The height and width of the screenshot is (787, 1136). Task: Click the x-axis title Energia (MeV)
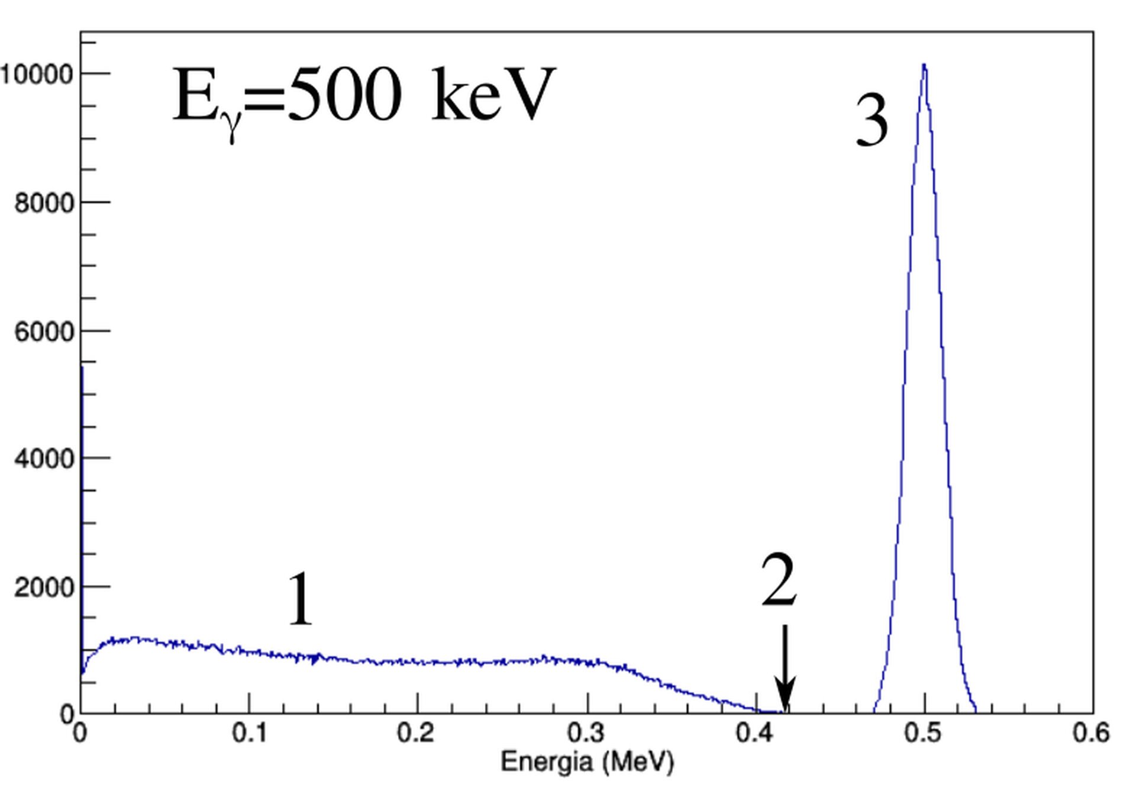tap(587, 762)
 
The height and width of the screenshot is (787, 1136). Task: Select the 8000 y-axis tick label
tap(44, 203)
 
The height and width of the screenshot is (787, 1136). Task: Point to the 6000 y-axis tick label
tap(44, 331)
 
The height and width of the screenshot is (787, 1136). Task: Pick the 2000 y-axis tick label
tap(44, 588)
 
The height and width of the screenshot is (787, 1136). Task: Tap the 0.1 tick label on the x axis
tap(249, 734)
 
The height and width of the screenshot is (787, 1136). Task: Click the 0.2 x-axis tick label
tap(418, 734)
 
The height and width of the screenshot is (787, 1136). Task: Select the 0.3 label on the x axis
tap(587, 734)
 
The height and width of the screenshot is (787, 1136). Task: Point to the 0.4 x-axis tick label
tap(756, 734)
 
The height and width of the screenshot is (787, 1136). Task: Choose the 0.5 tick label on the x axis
tap(924, 734)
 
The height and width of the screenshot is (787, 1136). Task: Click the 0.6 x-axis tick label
tap(1092, 734)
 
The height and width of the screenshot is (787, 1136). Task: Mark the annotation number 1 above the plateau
tap(300, 599)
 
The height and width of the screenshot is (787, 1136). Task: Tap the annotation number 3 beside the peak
tap(872, 122)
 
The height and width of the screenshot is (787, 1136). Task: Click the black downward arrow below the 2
tap(785, 669)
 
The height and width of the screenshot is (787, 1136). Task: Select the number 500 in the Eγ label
tap(343, 95)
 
